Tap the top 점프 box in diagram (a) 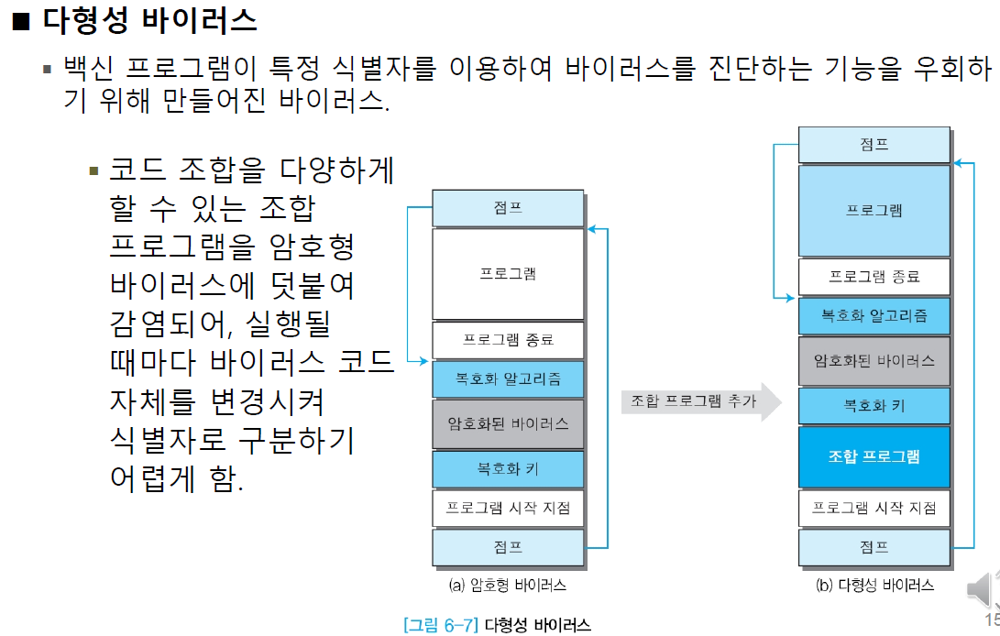click(508, 208)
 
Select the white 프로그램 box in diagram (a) click(508, 274)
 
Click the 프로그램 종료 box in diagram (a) click(508, 340)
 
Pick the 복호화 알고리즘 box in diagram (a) click(508, 378)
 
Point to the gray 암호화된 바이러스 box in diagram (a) click(508, 423)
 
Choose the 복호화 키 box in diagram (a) click(508, 469)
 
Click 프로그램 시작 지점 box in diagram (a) click(508, 509)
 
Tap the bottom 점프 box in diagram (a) click(508, 547)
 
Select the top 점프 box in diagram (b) click(874, 145)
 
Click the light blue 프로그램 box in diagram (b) click(874, 211)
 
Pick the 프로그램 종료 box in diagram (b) click(874, 277)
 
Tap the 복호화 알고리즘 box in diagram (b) click(874, 315)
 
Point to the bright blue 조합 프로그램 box click(874, 456)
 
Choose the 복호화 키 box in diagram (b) click(874, 405)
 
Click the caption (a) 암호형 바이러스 click(507, 585)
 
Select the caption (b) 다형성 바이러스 click(874, 585)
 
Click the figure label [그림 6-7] click(440, 625)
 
